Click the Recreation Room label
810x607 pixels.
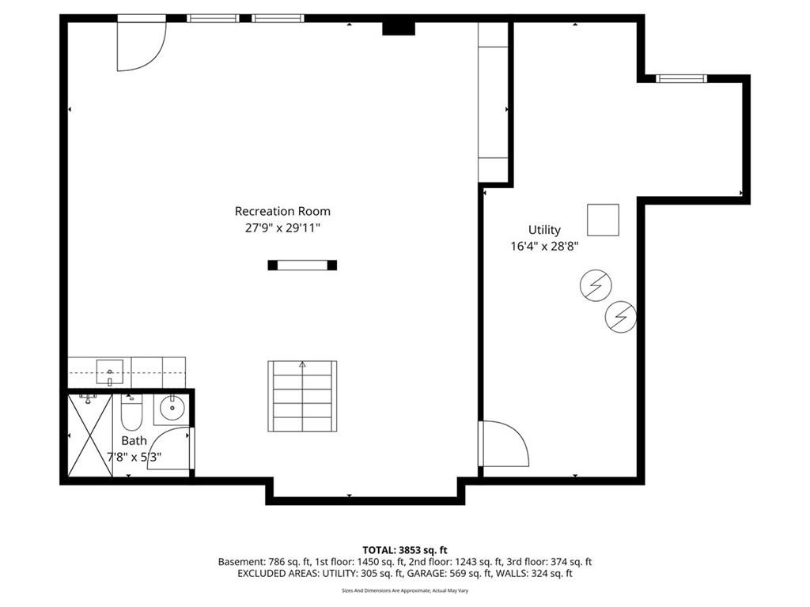282,211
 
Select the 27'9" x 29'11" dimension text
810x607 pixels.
282,228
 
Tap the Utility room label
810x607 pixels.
544,230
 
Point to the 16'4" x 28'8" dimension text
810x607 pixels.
544,246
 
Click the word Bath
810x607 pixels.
134,440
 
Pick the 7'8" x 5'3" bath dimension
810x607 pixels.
134,456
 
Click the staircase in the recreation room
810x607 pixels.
302,396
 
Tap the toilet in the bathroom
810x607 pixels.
131,413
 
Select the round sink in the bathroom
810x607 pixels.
171,409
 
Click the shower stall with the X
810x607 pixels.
89,435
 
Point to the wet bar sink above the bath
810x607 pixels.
109,368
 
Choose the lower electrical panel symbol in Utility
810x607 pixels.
621,317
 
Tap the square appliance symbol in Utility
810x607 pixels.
603,220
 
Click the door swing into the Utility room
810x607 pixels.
504,443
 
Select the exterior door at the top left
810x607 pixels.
141,43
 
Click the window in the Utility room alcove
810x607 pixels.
681,78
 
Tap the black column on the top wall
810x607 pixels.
398,28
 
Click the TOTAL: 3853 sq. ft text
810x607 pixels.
405,549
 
